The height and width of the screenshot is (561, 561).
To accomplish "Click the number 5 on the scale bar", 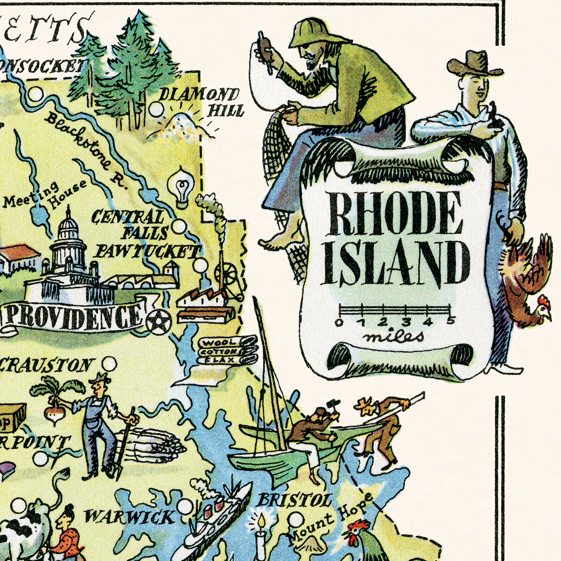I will [x=450, y=321].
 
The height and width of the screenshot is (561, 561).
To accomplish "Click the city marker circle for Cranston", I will [x=109, y=363].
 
